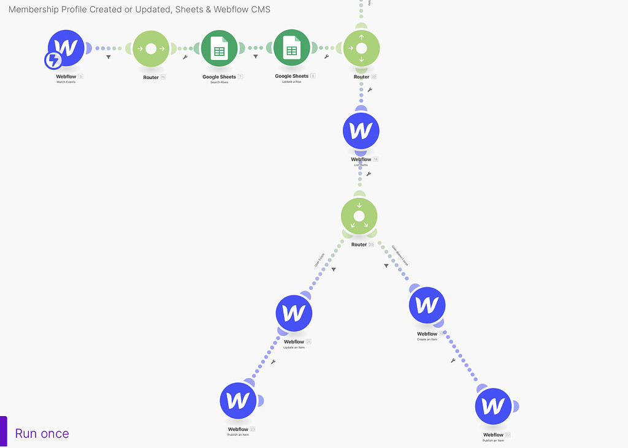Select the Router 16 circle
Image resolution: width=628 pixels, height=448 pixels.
click(151, 48)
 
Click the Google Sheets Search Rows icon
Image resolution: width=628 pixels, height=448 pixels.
click(219, 48)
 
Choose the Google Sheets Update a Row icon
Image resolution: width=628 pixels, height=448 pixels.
click(291, 48)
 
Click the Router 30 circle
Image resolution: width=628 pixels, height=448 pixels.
click(361, 48)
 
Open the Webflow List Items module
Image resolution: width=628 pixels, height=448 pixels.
click(361, 131)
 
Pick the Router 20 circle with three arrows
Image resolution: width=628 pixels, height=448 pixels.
click(359, 216)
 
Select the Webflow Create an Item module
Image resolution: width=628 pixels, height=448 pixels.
click(427, 305)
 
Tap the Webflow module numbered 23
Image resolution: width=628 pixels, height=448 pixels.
click(238, 401)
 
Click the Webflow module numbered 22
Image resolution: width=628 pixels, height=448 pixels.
click(493, 406)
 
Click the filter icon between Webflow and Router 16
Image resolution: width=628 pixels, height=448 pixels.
click(109, 57)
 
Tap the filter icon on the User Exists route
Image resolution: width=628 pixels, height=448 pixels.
click(334, 269)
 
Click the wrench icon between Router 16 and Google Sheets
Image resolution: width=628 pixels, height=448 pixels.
click(185, 57)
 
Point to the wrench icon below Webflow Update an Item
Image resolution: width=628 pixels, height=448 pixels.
click(273, 362)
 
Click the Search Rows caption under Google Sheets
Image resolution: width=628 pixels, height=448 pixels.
click(219, 82)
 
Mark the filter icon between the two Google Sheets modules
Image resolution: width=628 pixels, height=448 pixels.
click(256, 57)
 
